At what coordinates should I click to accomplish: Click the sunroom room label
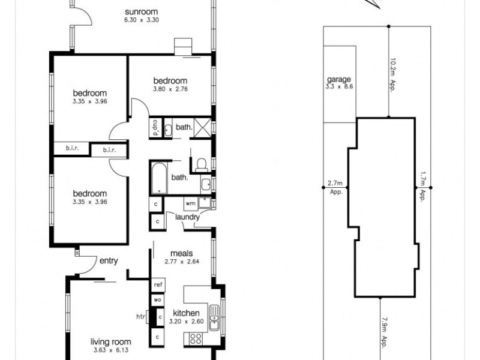click(x=142, y=12)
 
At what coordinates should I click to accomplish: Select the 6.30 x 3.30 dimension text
click(x=142, y=20)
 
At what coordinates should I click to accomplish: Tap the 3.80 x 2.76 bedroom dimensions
click(x=170, y=89)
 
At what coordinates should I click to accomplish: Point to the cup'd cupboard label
click(x=155, y=127)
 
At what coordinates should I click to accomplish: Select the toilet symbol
click(x=201, y=163)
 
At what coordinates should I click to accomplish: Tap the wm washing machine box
click(x=190, y=203)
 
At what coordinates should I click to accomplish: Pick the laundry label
click(x=187, y=217)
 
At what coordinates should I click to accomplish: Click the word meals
click(x=181, y=253)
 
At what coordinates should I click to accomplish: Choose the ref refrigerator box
click(x=158, y=284)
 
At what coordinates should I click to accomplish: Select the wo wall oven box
click(x=158, y=299)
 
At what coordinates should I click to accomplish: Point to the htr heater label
click(x=142, y=316)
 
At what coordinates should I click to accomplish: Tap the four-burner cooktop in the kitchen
click(x=196, y=338)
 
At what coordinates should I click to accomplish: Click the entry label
click(x=109, y=260)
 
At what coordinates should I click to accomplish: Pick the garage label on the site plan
click(x=338, y=79)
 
